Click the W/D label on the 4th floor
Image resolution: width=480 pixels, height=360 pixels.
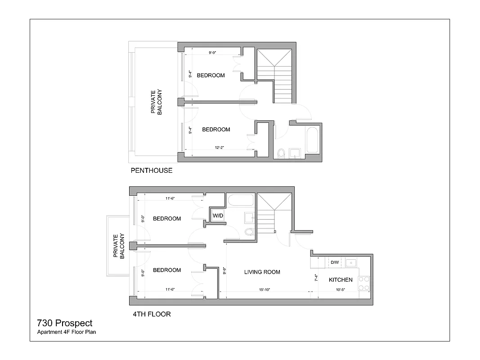[218, 216]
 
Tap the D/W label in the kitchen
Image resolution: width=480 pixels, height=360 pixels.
[335, 262]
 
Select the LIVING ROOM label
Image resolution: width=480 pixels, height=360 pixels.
[262, 272]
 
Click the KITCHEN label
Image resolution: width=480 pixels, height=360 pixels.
[341, 280]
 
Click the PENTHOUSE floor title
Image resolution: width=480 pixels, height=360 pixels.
[151, 171]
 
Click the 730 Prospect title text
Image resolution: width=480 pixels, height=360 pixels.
[65, 323]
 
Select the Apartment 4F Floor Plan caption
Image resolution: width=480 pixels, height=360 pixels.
[67, 333]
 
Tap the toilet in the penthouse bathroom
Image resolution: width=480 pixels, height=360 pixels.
[282, 153]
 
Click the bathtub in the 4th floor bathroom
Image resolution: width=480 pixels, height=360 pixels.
[240, 200]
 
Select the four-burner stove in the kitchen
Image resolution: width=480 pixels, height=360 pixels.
[363, 283]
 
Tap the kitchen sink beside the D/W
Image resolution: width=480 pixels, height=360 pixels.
[350, 262]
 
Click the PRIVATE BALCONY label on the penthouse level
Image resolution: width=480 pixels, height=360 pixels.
[156, 102]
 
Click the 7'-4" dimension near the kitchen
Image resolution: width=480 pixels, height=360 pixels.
[316, 278]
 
